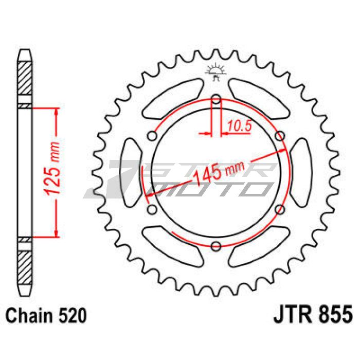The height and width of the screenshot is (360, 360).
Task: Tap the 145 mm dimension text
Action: pyautogui.click(x=219, y=171)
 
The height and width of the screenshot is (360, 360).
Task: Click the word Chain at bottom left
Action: pyautogui.click(x=29, y=316)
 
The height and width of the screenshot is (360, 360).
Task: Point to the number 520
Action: pyautogui.click(x=73, y=316)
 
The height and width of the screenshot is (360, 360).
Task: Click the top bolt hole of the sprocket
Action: pyautogui.click(x=216, y=99)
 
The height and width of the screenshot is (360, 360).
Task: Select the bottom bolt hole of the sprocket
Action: pyautogui.click(x=216, y=246)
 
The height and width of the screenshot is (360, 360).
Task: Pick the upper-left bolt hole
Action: pyautogui.click(x=152, y=136)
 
